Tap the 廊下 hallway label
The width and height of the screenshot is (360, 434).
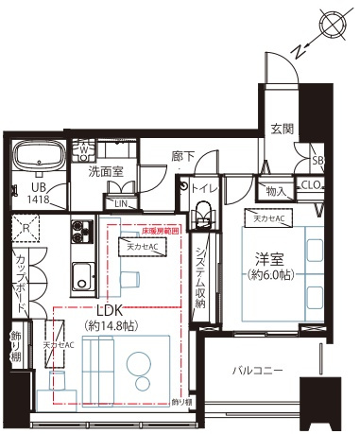[183, 158]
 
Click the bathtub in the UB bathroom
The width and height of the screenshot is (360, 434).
[37, 153]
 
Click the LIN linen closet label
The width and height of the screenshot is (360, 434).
[121, 202]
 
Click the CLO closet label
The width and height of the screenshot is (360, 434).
[311, 184]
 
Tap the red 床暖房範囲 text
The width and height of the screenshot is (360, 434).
[161, 230]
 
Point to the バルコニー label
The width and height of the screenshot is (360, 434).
[258, 372]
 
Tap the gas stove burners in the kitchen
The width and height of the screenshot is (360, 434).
[81, 231]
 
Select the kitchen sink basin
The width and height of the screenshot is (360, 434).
[81, 279]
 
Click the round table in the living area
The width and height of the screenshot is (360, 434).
[139, 367]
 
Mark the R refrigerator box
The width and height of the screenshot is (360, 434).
[29, 228]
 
